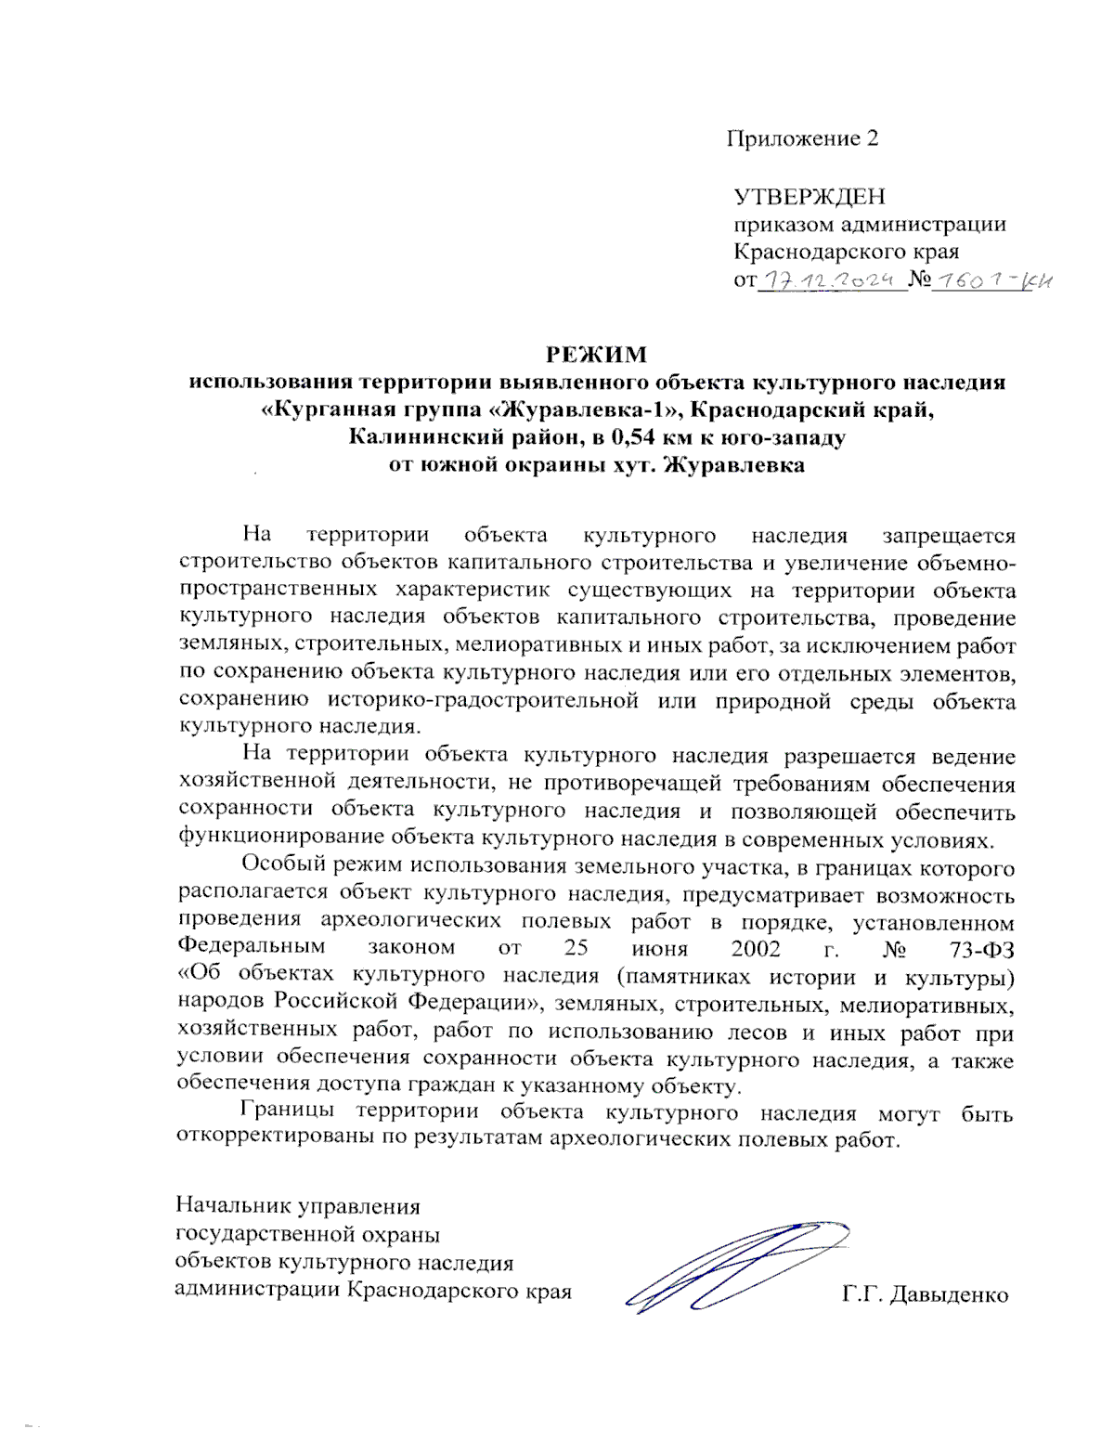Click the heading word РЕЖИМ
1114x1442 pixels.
pyautogui.click(x=595, y=355)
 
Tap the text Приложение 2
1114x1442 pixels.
pyautogui.click(x=801, y=139)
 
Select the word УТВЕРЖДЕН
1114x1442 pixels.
pyautogui.click(x=810, y=197)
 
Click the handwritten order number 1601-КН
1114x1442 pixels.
pyautogui.click(x=993, y=280)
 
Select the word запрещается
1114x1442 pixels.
pyautogui.click(x=949, y=536)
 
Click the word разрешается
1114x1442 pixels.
pyautogui.click(x=850, y=757)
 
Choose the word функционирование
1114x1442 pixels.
pyautogui.click(x=280, y=839)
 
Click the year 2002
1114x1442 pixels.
pyautogui.click(x=756, y=948)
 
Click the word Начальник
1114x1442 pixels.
pyautogui.click(x=232, y=1207)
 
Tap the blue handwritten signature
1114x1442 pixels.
pyautogui.click(x=733, y=1267)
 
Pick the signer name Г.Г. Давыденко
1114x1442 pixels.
pyautogui.click(x=926, y=1295)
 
